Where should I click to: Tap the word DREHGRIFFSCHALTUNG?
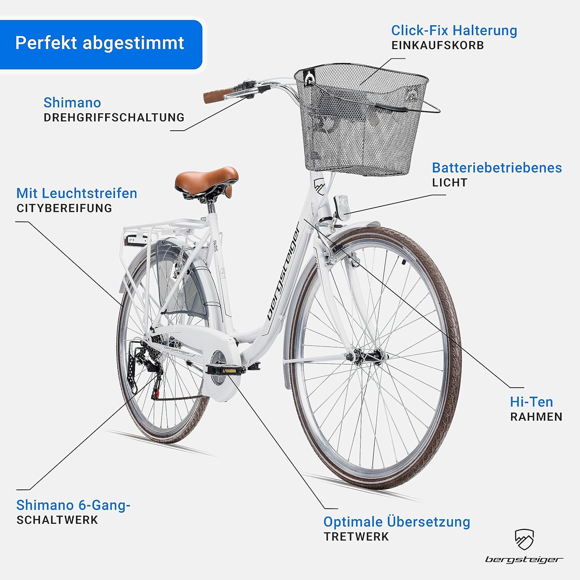[x=114, y=118]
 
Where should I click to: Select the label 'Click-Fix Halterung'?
[x=454, y=30]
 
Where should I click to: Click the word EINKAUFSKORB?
[x=437, y=46]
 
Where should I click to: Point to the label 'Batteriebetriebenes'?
[x=497, y=168]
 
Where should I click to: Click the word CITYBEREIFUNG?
[x=64, y=208]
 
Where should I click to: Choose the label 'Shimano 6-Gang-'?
[x=73, y=505]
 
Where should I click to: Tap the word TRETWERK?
[x=356, y=537]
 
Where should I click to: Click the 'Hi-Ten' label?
[x=531, y=402]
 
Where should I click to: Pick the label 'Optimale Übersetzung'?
[x=397, y=522]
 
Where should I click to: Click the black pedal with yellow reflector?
[x=226, y=370]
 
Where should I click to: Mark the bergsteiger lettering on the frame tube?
[x=284, y=273]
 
